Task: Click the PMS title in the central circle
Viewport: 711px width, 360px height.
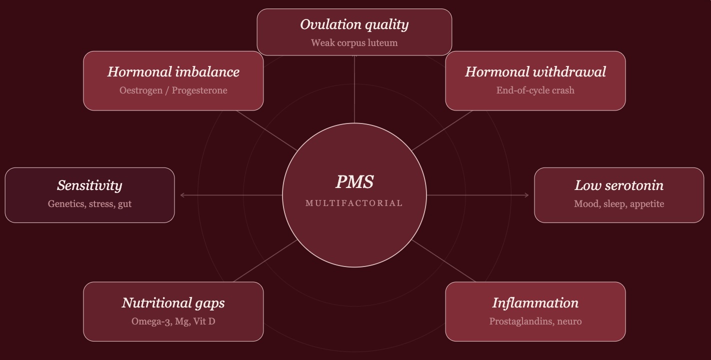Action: (x=354, y=182)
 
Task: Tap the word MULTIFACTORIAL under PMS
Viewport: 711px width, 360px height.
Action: (x=354, y=203)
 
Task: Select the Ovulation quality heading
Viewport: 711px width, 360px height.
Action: (x=354, y=25)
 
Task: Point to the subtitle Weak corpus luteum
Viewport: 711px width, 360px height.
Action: (x=354, y=43)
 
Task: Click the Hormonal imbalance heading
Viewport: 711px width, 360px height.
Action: (x=173, y=71)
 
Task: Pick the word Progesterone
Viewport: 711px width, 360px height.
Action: (x=199, y=90)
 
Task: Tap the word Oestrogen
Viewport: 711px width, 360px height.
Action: (x=141, y=90)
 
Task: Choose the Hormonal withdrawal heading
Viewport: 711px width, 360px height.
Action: (x=535, y=71)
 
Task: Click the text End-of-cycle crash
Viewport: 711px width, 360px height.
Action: (x=535, y=90)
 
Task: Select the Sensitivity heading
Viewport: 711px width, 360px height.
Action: (x=89, y=185)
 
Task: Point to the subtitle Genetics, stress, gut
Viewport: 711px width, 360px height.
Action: (x=89, y=204)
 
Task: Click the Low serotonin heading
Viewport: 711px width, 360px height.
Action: (x=619, y=185)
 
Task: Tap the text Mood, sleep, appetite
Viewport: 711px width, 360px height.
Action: (x=619, y=204)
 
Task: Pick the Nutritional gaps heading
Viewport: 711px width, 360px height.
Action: (x=173, y=303)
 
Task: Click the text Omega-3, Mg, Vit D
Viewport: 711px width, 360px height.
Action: (x=173, y=321)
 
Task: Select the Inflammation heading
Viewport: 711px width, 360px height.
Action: (x=535, y=303)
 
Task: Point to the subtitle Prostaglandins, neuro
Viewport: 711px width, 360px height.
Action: (x=535, y=321)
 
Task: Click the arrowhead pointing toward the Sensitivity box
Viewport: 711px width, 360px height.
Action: (x=182, y=195)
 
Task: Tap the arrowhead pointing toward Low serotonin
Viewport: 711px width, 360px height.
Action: (x=527, y=195)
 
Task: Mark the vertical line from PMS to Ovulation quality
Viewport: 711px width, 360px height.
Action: (x=354, y=89)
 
